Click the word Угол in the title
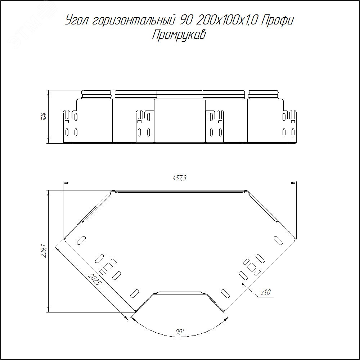pos(77,21)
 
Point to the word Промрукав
pos(179,35)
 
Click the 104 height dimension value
pos(44,116)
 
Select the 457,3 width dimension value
pos(179,178)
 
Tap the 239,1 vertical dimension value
pos(44,251)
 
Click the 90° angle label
pos(180,332)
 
